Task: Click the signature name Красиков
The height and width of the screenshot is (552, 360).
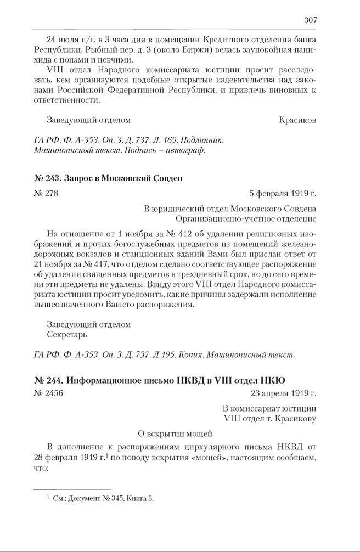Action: pos(297,119)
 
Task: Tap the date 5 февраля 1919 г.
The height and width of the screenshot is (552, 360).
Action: pos(283,193)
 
